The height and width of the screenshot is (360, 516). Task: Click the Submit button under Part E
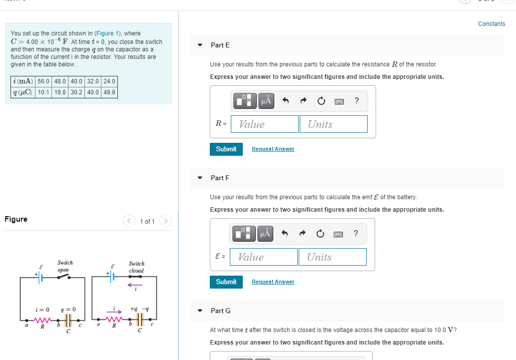click(x=226, y=149)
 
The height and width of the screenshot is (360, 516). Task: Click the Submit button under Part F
click(x=226, y=282)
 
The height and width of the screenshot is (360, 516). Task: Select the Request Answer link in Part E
click(x=273, y=149)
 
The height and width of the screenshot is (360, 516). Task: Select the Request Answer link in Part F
click(x=273, y=282)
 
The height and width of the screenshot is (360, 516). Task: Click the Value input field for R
click(x=265, y=124)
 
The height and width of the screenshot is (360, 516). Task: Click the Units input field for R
click(x=333, y=124)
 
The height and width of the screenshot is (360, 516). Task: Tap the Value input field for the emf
click(x=264, y=257)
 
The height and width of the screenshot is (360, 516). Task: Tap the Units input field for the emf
click(x=332, y=257)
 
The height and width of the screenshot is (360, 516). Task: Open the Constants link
click(x=491, y=24)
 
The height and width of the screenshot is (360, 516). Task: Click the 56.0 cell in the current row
click(x=44, y=81)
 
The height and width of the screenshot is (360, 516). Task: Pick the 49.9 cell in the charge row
click(x=109, y=92)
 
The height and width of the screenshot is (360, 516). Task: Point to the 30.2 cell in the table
click(x=76, y=92)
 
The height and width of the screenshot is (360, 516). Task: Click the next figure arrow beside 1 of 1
click(x=166, y=221)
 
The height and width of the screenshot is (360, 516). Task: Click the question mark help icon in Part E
click(x=356, y=101)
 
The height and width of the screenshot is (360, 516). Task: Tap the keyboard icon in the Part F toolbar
click(x=338, y=234)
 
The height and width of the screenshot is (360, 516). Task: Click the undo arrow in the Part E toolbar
click(x=286, y=101)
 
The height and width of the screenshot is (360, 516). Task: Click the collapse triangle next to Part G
click(x=200, y=311)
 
